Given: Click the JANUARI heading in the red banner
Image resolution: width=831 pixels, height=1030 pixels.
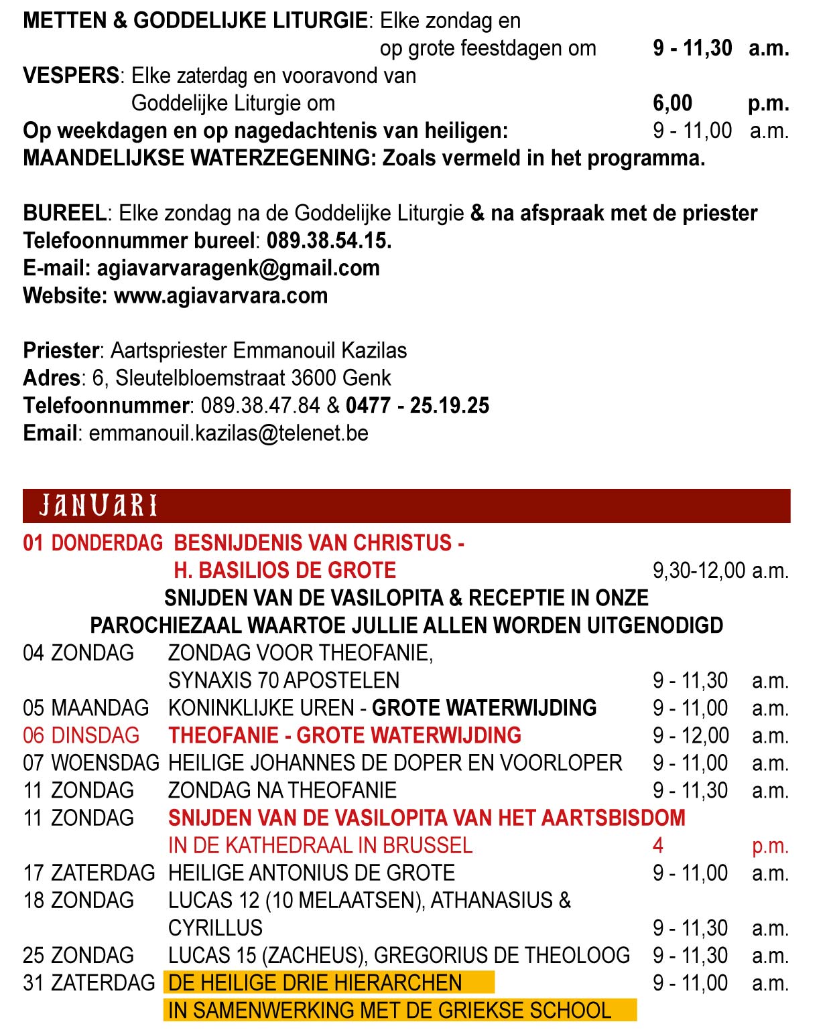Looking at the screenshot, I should tap(98, 506).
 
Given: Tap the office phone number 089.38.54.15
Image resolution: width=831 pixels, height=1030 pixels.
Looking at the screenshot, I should tap(329, 240).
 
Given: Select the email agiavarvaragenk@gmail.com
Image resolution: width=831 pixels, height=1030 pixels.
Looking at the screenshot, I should tap(238, 268).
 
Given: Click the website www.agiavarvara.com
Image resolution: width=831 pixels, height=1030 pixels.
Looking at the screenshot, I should tap(221, 295).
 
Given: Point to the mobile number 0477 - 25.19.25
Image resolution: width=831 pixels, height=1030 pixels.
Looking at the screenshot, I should tap(418, 405).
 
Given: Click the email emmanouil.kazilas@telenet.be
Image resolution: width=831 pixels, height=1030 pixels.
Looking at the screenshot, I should tap(229, 433).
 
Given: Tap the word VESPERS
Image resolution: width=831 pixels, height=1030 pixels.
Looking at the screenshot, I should tap(71, 76).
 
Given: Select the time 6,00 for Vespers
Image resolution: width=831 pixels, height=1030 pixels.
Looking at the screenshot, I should tap(673, 103).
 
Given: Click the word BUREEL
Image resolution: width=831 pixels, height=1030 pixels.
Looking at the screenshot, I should tap(64, 213).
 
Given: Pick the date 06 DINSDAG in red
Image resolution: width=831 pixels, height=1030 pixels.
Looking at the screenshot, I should tap(81, 735).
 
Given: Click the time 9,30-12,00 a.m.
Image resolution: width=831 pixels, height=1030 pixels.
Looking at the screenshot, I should tap(720, 571).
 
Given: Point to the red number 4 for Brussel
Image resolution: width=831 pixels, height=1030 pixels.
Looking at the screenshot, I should tap(658, 845).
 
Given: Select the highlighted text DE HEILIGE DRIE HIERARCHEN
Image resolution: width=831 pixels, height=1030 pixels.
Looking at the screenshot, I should tap(315, 982).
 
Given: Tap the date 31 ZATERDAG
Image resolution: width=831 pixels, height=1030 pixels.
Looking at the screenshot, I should tap(88, 982).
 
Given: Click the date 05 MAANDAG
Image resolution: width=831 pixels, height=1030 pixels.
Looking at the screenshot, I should tap(86, 708).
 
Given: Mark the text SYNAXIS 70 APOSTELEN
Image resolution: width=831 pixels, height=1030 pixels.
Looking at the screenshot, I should tap(283, 680).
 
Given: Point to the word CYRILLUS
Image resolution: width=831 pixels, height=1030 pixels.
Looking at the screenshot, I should tap(215, 928).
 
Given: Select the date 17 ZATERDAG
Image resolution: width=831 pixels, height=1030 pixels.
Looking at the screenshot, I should tap(88, 873).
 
